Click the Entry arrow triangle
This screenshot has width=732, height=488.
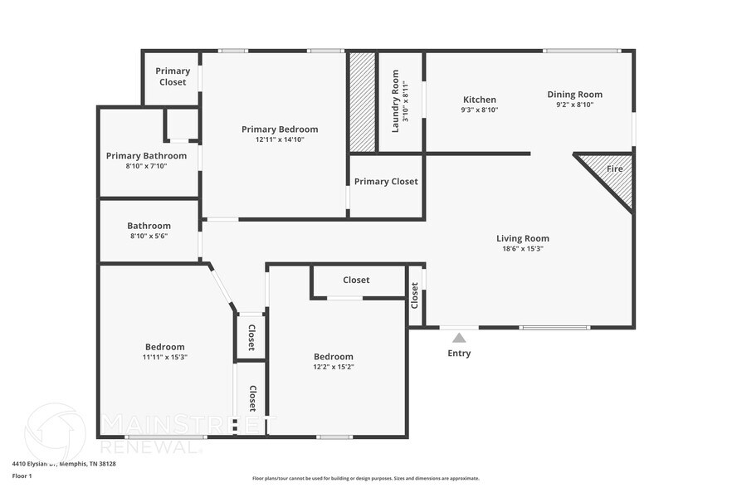coord(459,338)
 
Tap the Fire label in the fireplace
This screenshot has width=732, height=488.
coord(614,168)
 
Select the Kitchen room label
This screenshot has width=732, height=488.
coord(479,99)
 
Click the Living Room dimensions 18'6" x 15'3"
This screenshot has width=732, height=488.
coord(523,249)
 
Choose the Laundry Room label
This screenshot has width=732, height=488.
coord(395,101)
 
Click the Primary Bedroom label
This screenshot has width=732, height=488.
coord(280,129)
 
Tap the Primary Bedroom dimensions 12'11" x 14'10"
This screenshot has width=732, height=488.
coord(280,140)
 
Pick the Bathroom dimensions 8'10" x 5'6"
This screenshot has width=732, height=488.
coord(149,237)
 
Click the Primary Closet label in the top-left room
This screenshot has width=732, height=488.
coord(173,76)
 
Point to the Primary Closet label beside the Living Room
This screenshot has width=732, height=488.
coord(386,182)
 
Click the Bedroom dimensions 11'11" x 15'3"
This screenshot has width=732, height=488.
coord(164,358)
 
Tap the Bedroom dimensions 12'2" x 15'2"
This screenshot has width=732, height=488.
coord(333,368)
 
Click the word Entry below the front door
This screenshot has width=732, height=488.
coord(459,354)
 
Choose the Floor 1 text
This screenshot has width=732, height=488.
coord(22,476)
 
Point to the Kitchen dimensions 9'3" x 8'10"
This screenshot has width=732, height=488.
coord(479,110)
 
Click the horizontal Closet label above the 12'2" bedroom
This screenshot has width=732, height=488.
coord(356,281)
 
